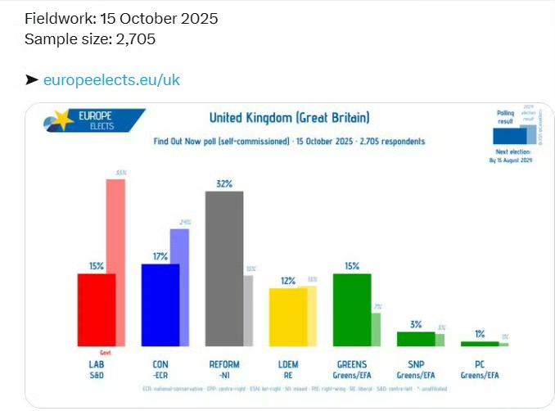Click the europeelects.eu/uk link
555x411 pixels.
pyautogui.click(x=111, y=79)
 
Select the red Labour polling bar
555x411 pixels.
pyautogui.click(x=96, y=309)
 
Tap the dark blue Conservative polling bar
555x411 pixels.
pyautogui.click(x=160, y=304)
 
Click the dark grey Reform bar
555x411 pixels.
pyautogui.click(x=223, y=268)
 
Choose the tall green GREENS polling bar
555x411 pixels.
pyautogui.click(x=352, y=309)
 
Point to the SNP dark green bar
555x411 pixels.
pyautogui.click(x=415, y=338)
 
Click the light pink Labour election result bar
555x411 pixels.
pyautogui.click(x=116, y=261)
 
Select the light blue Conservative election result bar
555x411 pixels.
pyautogui.click(x=180, y=287)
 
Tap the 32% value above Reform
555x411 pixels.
pyautogui.click(x=224, y=183)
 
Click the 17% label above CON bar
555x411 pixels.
pyautogui.click(x=160, y=256)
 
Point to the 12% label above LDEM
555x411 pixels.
pyautogui.click(x=288, y=280)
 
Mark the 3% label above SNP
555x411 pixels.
pyautogui.click(x=415, y=324)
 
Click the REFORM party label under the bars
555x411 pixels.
pyautogui.click(x=223, y=364)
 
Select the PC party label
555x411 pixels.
pyautogui.click(x=480, y=364)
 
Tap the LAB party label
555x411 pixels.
pyautogui.click(x=97, y=364)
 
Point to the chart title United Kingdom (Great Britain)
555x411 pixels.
pyautogui.click(x=289, y=117)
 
